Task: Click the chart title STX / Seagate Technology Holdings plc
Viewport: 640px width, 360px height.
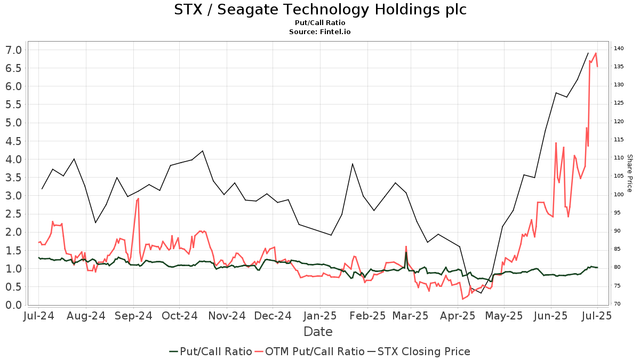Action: (x=320, y=10)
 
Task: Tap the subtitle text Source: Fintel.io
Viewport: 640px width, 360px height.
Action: (x=320, y=32)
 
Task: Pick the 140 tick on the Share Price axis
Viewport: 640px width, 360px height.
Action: (x=619, y=49)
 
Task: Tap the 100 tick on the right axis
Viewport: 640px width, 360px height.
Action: (x=619, y=195)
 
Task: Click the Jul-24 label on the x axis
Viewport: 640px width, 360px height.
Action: (x=39, y=316)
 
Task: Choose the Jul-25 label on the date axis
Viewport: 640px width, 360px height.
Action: (x=597, y=316)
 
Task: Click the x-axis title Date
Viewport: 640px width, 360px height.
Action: (x=318, y=332)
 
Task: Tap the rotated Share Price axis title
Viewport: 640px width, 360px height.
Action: (x=629, y=173)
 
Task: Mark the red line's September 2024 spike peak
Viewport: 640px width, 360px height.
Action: (x=138, y=198)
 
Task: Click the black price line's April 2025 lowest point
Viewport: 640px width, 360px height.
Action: (x=481, y=293)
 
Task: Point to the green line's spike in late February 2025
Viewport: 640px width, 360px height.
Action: (x=406, y=253)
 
